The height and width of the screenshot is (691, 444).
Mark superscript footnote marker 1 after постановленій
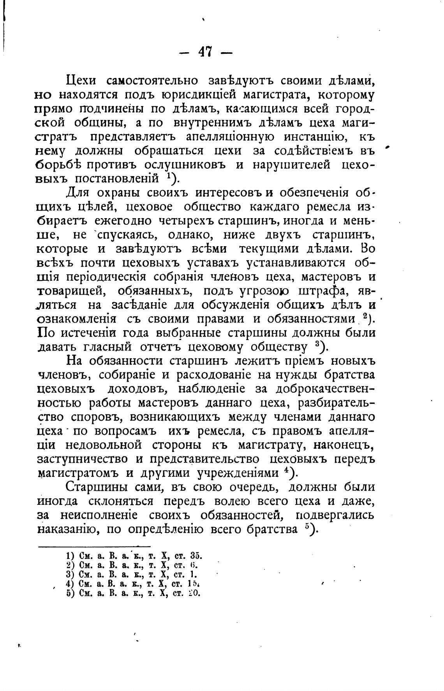click(167, 176)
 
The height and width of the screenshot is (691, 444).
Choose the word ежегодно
click(124, 221)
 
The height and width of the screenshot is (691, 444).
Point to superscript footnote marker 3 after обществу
click(317, 344)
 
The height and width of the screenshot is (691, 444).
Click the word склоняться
click(120, 501)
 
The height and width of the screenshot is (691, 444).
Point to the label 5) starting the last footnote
click(70, 593)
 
